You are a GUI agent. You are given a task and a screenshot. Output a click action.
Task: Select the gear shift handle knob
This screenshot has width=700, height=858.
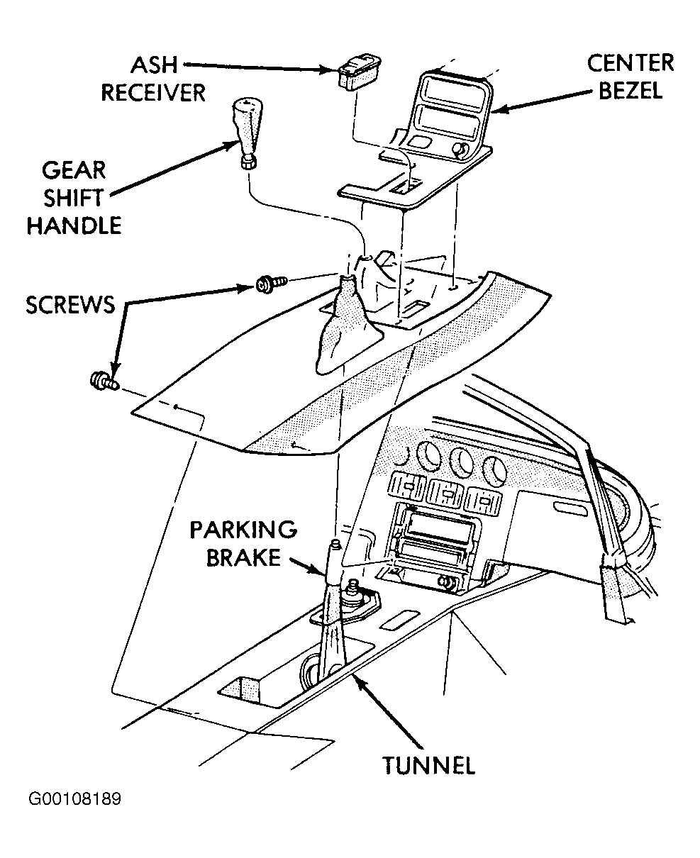[x=246, y=133]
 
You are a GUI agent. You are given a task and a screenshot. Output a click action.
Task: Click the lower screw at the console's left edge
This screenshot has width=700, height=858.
[x=104, y=381]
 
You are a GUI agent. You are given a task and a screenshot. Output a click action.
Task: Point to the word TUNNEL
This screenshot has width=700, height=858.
[x=429, y=765]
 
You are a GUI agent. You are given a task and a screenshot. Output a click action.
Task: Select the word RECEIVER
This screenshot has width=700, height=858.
[x=153, y=93]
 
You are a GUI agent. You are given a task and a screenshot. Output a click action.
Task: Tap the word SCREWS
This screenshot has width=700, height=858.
[x=70, y=305]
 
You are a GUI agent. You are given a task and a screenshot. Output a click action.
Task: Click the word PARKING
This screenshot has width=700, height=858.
[x=243, y=530]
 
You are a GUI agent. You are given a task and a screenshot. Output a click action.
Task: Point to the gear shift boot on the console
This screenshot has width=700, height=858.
[x=347, y=325]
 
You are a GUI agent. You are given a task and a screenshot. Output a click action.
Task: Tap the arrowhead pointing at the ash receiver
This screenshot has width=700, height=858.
[x=330, y=70]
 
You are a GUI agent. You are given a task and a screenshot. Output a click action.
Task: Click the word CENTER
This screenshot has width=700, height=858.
[x=630, y=63]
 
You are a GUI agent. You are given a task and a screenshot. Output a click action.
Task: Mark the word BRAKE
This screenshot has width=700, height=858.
[x=243, y=557]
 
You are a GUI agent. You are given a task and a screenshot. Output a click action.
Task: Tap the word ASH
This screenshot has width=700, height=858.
[x=154, y=65]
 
